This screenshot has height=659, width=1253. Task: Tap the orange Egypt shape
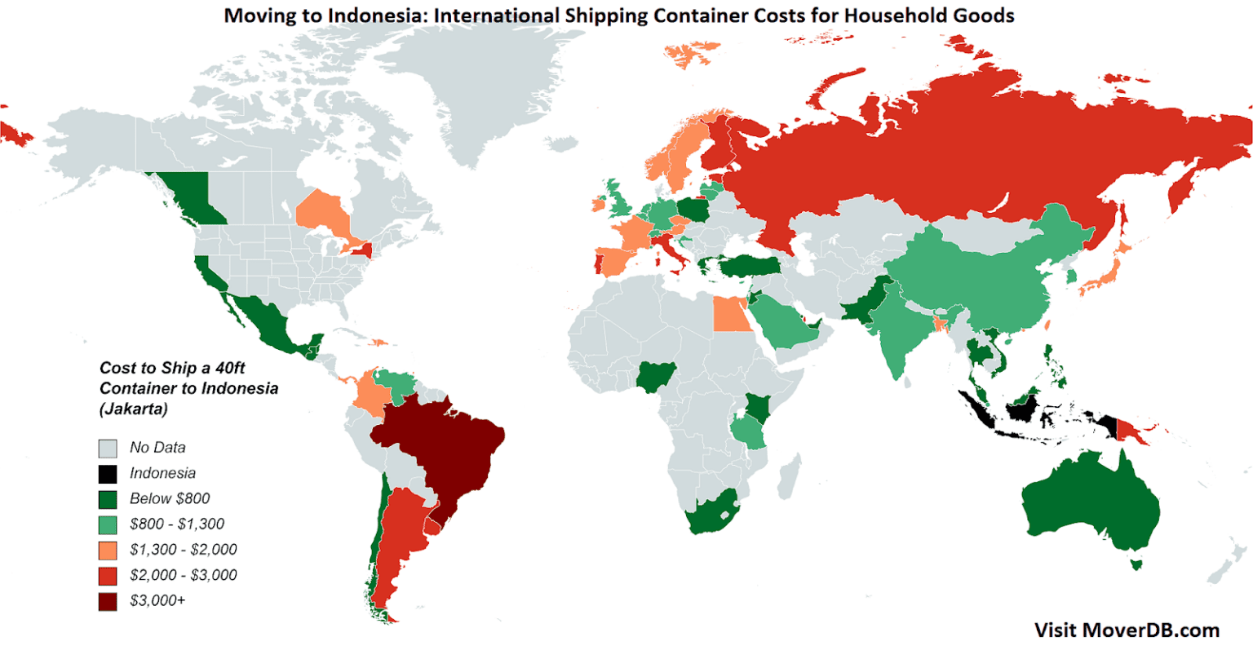tap(732, 314)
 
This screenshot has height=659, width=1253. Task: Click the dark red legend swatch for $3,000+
tap(108, 601)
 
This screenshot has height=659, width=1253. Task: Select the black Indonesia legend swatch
tap(108, 473)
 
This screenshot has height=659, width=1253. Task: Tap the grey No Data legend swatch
tap(108, 448)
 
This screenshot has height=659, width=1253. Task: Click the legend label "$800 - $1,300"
tap(177, 524)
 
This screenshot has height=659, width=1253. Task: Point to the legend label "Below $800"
tap(170, 498)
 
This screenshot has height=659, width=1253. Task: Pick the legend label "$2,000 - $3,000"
tap(184, 575)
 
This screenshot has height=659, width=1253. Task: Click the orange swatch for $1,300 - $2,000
tap(108, 550)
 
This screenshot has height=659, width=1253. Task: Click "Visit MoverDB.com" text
tap(1127, 630)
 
